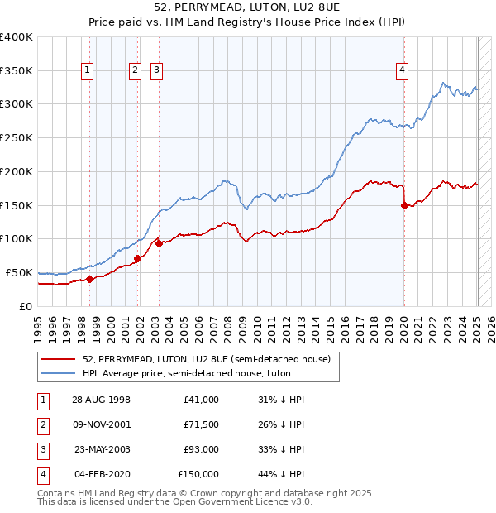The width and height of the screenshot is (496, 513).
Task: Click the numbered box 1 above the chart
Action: [x=88, y=71]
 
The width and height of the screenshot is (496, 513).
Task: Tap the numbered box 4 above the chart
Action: [x=402, y=71]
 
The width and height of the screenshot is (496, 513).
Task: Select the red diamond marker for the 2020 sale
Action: [x=404, y=205]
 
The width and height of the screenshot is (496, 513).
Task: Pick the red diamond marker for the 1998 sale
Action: [x=90, y=279]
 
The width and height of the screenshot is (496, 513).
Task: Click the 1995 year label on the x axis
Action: [x=38, y=327]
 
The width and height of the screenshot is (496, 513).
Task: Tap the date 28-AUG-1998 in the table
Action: [x=101, y=400]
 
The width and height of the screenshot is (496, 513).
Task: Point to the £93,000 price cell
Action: [x=199, y=449]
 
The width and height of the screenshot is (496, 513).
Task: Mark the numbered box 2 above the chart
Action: [x=134, y=71]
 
